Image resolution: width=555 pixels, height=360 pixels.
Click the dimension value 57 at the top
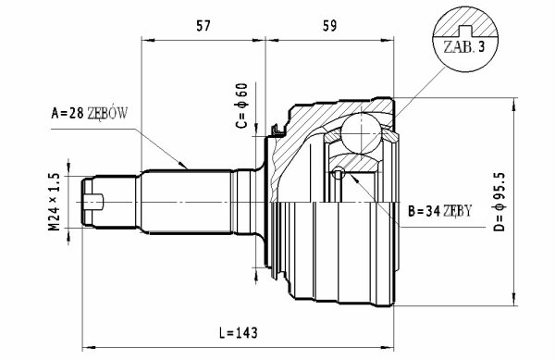(x=203, y=26)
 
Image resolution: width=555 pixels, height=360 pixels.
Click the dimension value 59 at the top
(x=329, y=26)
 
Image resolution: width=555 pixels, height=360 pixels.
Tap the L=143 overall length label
(x=238, y=333)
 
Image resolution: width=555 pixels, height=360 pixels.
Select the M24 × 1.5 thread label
(x=54, y=202)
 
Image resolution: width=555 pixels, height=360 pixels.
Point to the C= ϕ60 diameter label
(x=241, y=106)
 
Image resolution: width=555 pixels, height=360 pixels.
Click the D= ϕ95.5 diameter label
(x=499, y=202)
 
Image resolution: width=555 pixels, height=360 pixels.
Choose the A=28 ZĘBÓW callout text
(x=89, y=114)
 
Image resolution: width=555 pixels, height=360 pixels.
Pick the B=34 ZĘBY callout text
(x=439, y=211)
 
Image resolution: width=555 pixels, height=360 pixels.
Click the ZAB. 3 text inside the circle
(x=463, y=47)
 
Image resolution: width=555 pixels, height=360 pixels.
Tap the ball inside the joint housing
(x=362, y=133)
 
